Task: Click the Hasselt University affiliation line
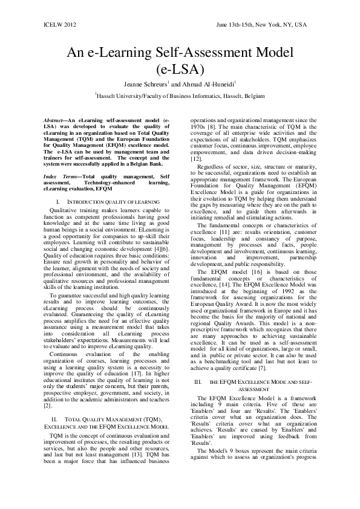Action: pyautogui.click(x=180, y=96)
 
